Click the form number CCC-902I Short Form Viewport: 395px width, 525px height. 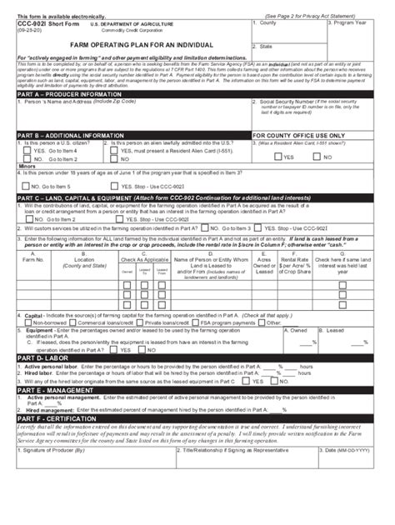click(x=37, y=24)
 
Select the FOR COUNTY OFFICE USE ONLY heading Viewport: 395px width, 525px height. click(x=303, y=134)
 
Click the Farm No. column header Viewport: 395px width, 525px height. click(x=33, y=261)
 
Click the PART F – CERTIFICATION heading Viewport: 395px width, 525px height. click(x=53, y=421)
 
